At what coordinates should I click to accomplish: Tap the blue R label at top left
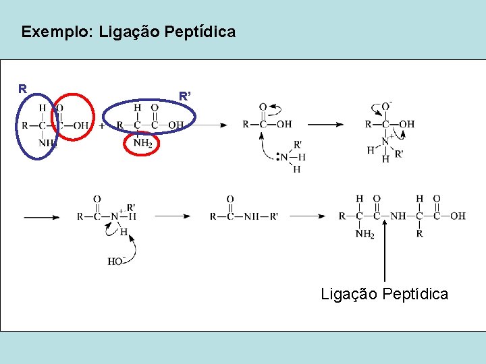coord(23,88)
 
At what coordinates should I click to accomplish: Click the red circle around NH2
coord(143,143)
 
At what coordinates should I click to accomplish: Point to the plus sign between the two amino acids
coord(102,125)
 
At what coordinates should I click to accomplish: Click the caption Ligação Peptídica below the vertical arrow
coord(384,294)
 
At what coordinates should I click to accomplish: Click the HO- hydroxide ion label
coord(115,261)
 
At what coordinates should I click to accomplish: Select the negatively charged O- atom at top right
coord(387,106)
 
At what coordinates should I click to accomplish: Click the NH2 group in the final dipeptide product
coord(364,234)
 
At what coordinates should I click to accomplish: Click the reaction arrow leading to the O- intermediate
coord(326,125)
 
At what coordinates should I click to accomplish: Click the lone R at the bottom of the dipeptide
coord(419,234)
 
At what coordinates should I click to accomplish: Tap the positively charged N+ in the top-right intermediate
coord(386,141)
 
